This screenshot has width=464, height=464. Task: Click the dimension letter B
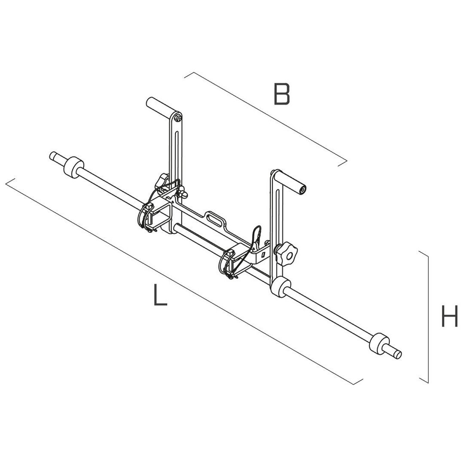(282, 94)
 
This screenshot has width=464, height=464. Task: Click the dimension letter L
(160, 296)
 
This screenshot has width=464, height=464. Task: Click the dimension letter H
(449, 317)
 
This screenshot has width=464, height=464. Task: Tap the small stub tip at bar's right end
(396, 353)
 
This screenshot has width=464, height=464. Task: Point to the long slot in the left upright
(177, 150)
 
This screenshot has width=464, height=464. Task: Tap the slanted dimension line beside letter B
(266, 119)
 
